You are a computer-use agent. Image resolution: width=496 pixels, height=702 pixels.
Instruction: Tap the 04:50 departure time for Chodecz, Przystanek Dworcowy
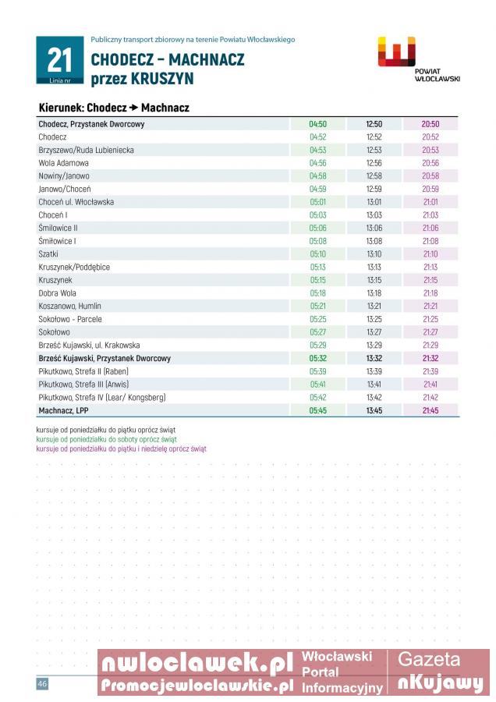click(317, 124)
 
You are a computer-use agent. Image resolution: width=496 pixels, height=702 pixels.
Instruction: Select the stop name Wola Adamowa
click(64, 163)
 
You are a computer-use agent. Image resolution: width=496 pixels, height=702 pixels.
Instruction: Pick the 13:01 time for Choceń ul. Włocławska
click(374, 202)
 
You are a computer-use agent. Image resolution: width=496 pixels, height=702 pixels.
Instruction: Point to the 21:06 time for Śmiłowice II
click(430, 228)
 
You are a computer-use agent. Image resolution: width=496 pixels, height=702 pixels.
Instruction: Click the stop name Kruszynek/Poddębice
click(74, 267)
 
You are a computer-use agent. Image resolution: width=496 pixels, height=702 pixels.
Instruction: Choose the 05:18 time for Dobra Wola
click(317, 293)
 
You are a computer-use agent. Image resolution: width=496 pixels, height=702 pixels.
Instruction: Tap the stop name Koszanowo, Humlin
click(70, 307)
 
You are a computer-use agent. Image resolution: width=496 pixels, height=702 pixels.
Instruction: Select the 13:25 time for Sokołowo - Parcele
click(374, 319)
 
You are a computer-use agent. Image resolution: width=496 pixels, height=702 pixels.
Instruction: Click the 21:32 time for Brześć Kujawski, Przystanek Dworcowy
click(430, 358)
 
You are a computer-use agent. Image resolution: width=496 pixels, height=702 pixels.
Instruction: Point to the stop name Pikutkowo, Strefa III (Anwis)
click(83, 385)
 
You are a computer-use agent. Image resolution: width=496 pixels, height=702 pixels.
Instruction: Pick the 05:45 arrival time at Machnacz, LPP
click(317, 410)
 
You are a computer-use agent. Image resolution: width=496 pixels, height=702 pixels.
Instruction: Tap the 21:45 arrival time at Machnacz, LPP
click(430, 410)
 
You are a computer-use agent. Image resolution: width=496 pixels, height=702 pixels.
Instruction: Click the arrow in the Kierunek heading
click(133, 108)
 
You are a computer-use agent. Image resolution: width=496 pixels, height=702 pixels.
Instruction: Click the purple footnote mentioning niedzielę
click(122, 448)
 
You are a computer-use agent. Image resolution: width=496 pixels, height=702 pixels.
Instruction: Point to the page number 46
click(42, 684)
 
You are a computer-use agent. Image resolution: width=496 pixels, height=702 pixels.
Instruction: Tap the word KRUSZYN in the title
click(161, 80)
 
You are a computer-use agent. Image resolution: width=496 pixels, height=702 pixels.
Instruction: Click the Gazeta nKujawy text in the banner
click(440, 672)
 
